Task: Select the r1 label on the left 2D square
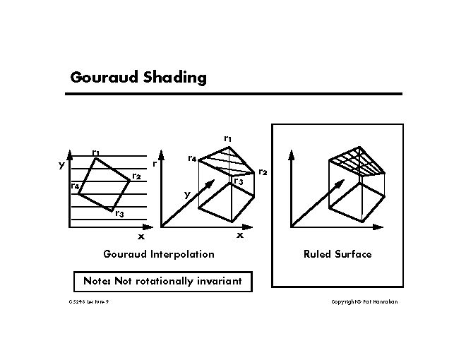pos(95,152)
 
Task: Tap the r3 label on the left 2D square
pos(119,215)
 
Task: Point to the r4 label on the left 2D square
pos(74,186)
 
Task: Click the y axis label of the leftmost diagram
pos(61,165)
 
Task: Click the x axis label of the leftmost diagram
pos(141,236)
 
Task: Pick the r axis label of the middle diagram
pos(154,164)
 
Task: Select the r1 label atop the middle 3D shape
pos(227,138)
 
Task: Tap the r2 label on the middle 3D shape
pos(262,172)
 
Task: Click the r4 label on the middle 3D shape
pos(191,159)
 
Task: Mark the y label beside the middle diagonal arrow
pos(187,193)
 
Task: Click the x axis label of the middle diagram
pos(240,235)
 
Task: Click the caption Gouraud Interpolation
pos(158,254)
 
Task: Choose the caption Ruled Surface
pos(337,254)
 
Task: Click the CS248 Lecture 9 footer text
pos(89,302)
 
